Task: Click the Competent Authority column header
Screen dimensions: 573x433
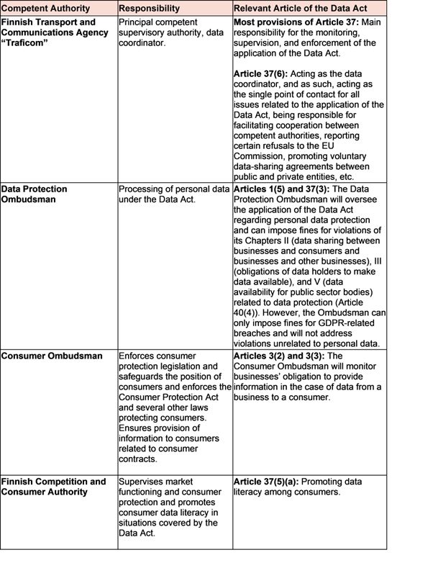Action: (46, 9)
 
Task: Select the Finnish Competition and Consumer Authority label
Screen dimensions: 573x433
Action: (53, 487)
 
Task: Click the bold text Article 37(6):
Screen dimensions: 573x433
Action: (264, 74)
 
